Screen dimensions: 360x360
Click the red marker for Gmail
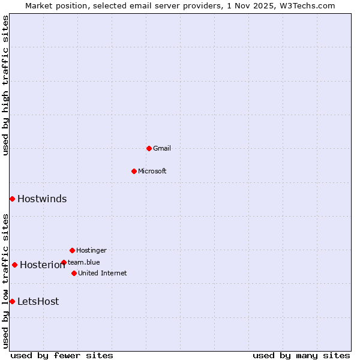pyautogui.click(x=149, y=148)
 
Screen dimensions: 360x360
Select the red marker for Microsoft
pyautogui.click(x=134, y=171)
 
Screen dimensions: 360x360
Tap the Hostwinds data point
pyautogui.click(x=12, y=199)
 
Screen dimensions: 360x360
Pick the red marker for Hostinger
pyautogui.click(x=72, y=250)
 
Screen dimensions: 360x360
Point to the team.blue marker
pyautogui.click(x=64, y=262)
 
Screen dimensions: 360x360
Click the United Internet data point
pyautogui.click(x=74, y=273)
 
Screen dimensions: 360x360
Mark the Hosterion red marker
pyautogui.click(x=14, y=265)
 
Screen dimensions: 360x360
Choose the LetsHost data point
pyautogui.click(x=12, y=301)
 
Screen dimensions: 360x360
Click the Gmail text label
pyautogui.click(x=162, y=148)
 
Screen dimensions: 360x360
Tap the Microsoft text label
pyautogui.click(x=152, y=171)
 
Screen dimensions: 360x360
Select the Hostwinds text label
pyautogui.click(x=42, y=199)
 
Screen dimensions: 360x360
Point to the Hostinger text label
pyautogui.click(x=91, y=250)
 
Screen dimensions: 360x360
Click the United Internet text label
pyautogui.click(x=103, y=273)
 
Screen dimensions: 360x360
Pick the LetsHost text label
pyautogui.click(x=38, y=302)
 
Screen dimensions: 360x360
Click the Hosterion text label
pyautogui.click(x=42, y=265)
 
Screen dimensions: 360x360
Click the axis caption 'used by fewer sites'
pyautogui.click(x=62, y=355)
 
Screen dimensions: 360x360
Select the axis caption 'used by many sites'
pyautogui.click(x=301, y=355)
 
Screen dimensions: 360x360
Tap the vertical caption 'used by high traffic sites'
pyautogui.click(x=5, y=85)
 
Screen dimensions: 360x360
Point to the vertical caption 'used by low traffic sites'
pyautogui.click(x=5, y=281)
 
